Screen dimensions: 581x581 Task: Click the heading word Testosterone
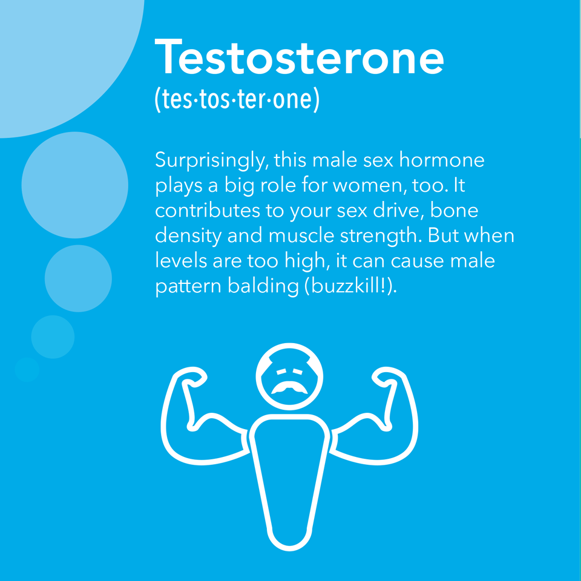[x=299, y=57]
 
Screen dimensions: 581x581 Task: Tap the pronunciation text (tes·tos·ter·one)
[x=237, y=99]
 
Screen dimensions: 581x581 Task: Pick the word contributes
[x=207, y=210]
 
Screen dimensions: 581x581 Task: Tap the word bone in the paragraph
[x=454, y=210]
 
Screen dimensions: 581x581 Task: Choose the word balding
[x=263, y=286]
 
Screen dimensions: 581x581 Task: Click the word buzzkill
[x=346, y=286]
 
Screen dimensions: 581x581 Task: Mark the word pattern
[x=188, y=287]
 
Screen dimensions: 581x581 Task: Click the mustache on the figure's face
[x=289, y=387]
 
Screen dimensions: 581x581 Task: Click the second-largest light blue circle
[x=75, y=185]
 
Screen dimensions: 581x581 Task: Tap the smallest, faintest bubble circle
[x=27, y=369]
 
